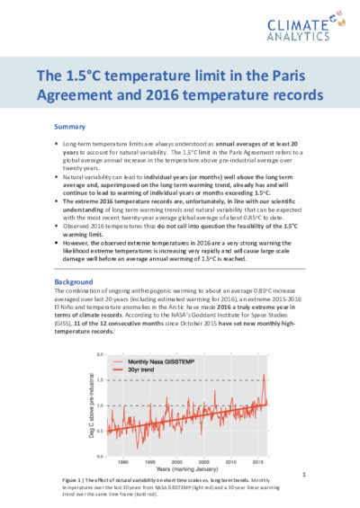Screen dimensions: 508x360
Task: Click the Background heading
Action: tap(74, 281)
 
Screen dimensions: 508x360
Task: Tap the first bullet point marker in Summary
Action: tap(59, 144)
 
